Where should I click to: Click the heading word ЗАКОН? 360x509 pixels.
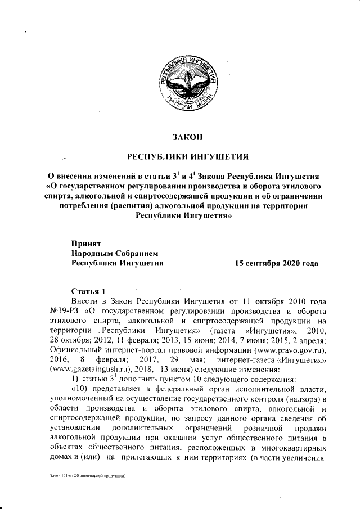pyautogui.click(x=185, y=136)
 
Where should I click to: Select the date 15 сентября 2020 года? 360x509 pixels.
pyautogui.click(x=276, y=263)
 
